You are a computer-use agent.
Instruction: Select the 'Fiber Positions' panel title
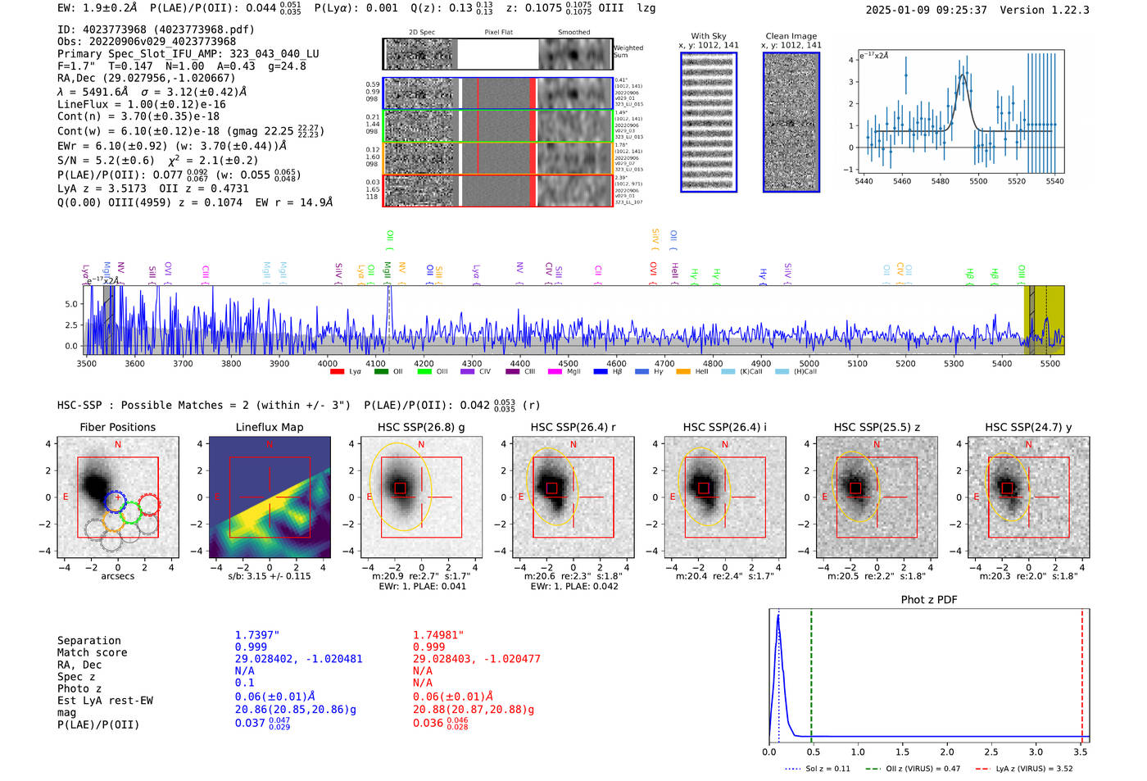point(117,427)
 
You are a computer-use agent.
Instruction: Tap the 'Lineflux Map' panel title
point(269,427)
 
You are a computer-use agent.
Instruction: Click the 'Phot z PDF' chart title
point(928,599)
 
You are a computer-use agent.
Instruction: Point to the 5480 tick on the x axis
point(940,181)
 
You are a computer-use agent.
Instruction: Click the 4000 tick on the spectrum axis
point(328,363)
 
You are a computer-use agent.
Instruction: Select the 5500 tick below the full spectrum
point(1050,363)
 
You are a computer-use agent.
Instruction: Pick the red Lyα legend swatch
point(337,372)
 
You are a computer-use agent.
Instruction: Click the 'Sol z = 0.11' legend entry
point(827,769)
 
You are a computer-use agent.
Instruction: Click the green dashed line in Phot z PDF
point(811,672)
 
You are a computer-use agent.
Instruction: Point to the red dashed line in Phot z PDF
point(1081,672)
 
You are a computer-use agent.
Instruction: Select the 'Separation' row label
point(89,640)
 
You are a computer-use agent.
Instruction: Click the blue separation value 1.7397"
point(256,635)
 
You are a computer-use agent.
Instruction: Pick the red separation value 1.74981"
point(437,635)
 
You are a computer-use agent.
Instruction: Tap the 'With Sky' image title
point(708,36)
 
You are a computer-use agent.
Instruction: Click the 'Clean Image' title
point(791,36)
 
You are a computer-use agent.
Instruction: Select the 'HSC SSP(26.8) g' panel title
point(421,427)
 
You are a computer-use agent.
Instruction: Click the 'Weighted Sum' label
point(628,52)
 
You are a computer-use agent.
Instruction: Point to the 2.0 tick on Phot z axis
point(946,751)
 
